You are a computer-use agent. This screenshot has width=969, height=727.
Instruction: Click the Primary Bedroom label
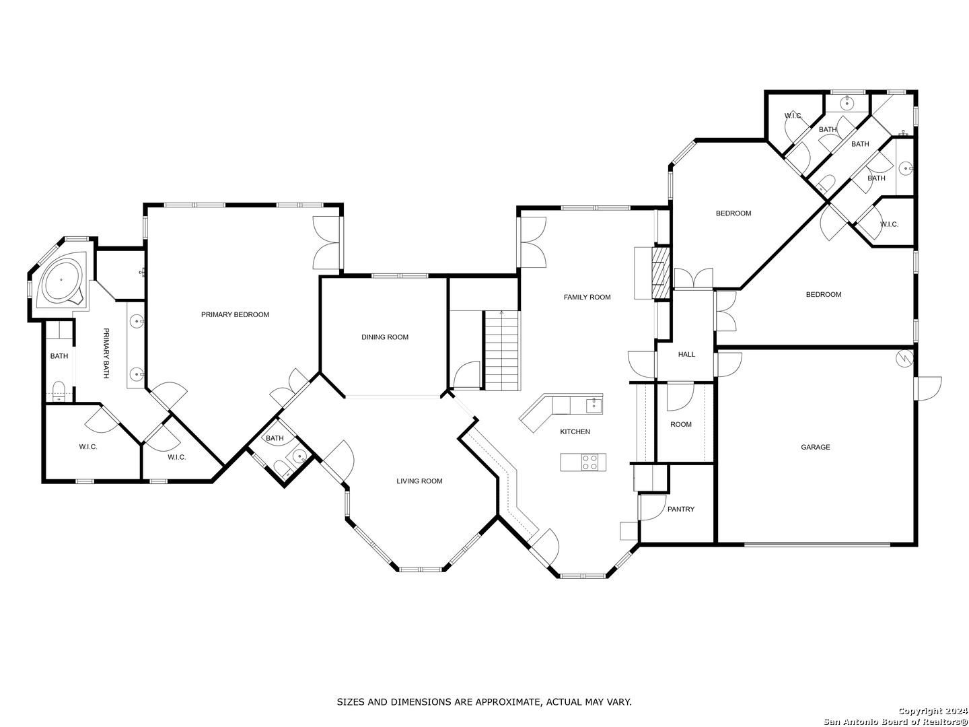[235, 314]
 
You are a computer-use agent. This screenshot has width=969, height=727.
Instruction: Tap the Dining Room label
[385, 337]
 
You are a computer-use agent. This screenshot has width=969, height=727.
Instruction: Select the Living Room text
[419, 481]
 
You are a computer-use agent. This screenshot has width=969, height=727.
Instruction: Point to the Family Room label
[587, 297]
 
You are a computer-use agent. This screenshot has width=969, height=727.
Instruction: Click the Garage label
[815, 447]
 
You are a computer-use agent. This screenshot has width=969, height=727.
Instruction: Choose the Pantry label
[680, 509]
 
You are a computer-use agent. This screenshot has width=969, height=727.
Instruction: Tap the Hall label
[686, 354]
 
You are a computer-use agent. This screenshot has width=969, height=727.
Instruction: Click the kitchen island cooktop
[590, 462]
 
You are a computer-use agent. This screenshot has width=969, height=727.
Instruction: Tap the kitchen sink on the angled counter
[594, 405]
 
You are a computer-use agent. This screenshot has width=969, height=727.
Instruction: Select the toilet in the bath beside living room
[281, 466]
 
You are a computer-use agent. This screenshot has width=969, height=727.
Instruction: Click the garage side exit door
[927, 388]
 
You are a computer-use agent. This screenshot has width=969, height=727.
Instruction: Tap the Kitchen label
[575, 431]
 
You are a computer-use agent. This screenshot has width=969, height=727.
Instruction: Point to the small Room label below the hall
[680, 424]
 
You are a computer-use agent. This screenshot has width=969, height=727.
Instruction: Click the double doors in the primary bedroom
[328, 242]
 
